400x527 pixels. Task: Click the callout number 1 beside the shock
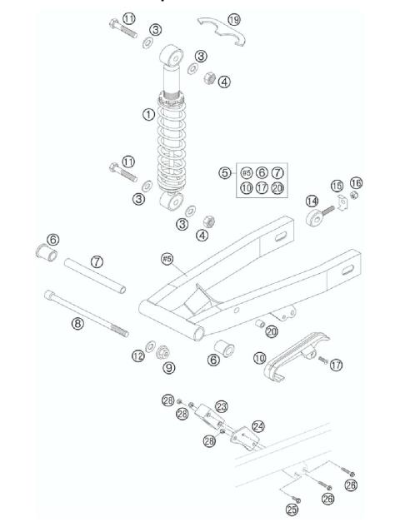point(147,114)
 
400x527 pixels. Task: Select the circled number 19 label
point(233,18)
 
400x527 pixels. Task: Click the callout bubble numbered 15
point(337,185)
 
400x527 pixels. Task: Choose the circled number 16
point(357,182)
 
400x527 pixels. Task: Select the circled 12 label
point(137,356)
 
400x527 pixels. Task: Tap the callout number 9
point(169,366)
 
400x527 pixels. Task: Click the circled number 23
point(221,406)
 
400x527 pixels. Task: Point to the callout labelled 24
point(259,425)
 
